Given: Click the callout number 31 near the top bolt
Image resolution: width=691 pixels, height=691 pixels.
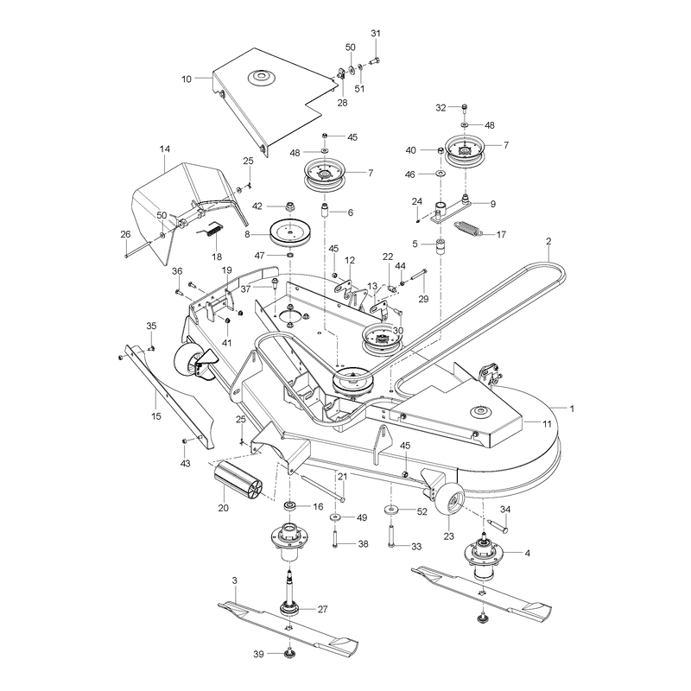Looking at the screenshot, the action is pyautogui.click(x=376, y=34).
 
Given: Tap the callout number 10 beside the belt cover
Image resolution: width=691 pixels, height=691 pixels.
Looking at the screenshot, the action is pyautogui.click(x=187, y=79).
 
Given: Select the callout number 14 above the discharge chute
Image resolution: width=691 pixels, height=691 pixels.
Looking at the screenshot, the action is pyautogui.click(x=164, y=149).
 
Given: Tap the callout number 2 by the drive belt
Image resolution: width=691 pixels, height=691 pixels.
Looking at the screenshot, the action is pyautogui.click(x=548, y=242).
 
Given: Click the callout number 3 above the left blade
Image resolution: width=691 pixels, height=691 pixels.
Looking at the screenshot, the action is pyautogui.click(x=234, y=581).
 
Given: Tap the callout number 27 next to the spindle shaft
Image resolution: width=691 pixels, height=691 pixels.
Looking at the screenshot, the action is pyautogui.click(x=322, y=610).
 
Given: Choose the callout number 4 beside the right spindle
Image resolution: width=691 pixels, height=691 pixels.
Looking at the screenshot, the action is pyautogui.click(x=528, y=553).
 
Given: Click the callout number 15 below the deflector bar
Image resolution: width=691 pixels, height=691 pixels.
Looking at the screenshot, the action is pyautogui.click(x=156, y=416).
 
